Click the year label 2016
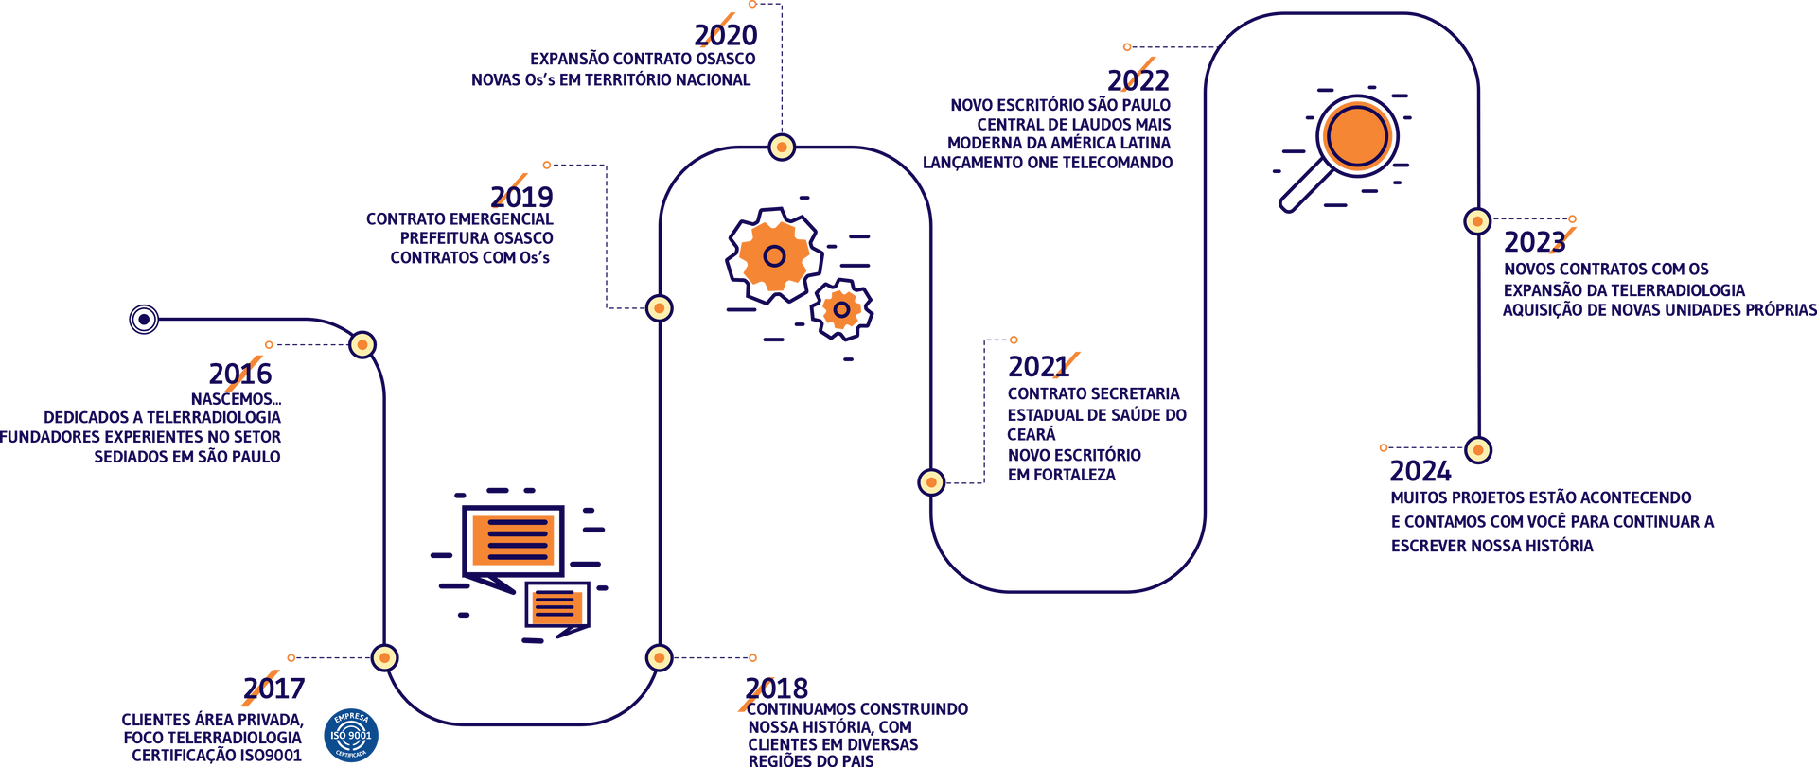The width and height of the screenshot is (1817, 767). (x=240, y=374)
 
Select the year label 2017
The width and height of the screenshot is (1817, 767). (x=274, y=688)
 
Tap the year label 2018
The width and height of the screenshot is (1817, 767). (x=777, y=688)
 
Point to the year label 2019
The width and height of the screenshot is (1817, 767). (x=521, y=197)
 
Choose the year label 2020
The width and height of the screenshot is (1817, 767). (x=726, y=35)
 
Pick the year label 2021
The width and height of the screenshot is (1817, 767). (x=1039, y=366)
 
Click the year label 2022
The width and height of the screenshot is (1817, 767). (x=1138, y=80)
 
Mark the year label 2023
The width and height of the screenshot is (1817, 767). (x=1535, y=242)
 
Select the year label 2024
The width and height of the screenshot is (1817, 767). (x=1420, y=471)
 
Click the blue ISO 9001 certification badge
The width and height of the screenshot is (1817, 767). (x=351, y=735)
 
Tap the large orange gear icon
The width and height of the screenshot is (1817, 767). (x=774, y=255)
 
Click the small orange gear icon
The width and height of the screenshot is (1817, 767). (x=841, y=309)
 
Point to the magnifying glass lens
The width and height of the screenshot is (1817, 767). (x=1357, y=136)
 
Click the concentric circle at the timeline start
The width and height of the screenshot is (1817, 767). (x=144, y=320)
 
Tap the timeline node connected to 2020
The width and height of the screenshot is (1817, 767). (x=782, y=148)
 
